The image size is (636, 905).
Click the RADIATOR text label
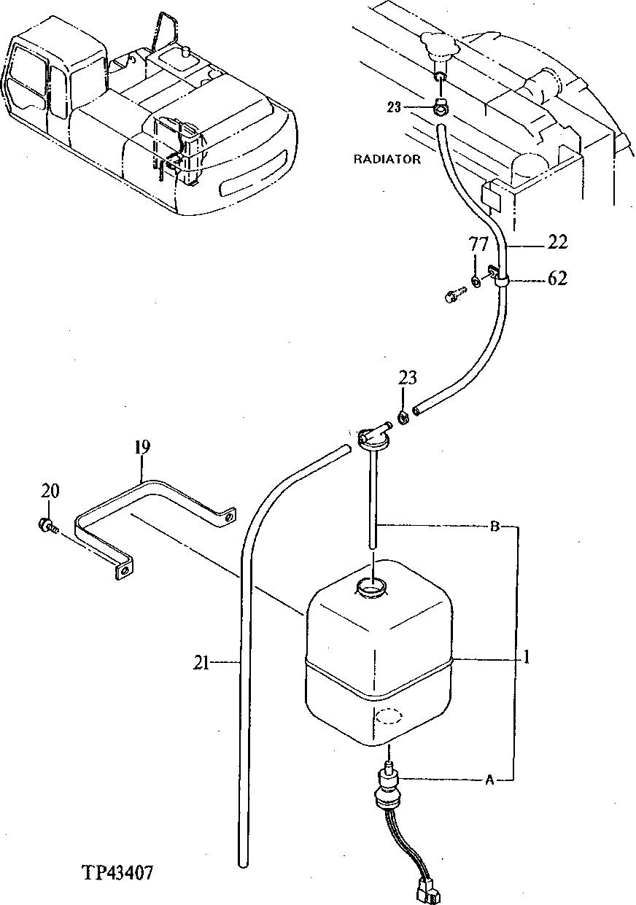click(387, 160)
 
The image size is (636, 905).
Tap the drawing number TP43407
click(118, 873)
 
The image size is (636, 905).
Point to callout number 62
click(557, 279)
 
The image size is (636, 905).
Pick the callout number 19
click(141, 446)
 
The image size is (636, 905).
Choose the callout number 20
click(50, 492)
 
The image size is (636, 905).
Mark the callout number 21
click(202, 662)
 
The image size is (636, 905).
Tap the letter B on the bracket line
click(494, 527)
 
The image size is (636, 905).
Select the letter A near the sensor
click(489, 780)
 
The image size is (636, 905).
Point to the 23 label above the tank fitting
click(408, 378)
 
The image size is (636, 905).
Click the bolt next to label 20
click(45, 525)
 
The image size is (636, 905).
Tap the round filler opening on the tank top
click(373, 587)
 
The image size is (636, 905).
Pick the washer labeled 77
click(476, 282)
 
